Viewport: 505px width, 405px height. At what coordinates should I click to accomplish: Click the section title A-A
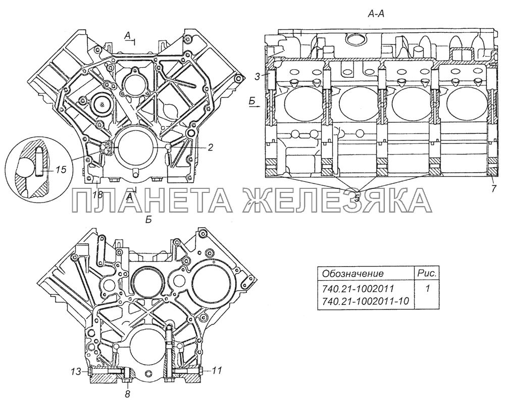[x=376, y=16]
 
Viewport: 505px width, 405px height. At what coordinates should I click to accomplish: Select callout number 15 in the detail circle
[x=60, y=170]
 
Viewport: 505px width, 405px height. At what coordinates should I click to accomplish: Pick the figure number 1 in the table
[x=427, y=290]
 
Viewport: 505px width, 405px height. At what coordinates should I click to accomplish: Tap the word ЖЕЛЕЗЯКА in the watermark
[x=336, y=200]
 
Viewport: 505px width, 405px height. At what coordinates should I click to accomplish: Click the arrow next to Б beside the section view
[x=257, y=107]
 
